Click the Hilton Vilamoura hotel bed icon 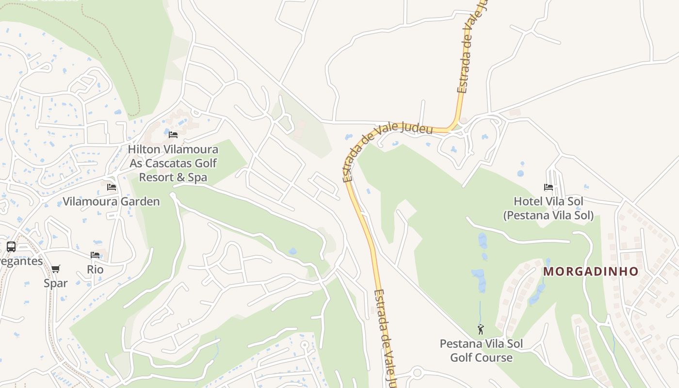(173, 134)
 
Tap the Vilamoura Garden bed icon (112, 187)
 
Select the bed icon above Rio (95, 255)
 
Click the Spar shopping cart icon (56, 269)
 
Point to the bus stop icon (11, 247)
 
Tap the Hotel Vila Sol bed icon (549, 187)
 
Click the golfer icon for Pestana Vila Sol (481, 330)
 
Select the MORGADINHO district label (591, 272)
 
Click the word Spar (56, 283)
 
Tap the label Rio (95, 269)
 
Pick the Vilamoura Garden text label (111, 202)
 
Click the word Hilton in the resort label (144, 149)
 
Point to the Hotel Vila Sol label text (549, 201)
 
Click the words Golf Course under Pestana (481, 358)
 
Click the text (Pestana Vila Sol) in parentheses (548, 215)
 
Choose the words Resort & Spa (173, 178)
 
